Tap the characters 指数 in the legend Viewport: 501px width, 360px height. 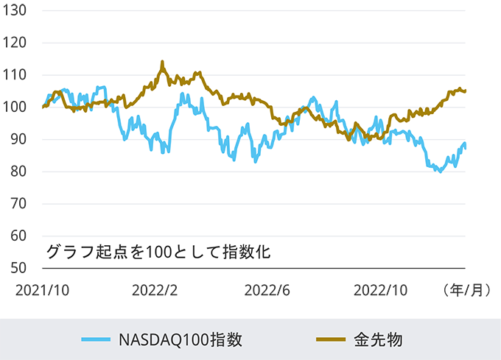(225, 339)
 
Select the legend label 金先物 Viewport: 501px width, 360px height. (377, 339)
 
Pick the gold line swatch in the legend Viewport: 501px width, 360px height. (331, 339)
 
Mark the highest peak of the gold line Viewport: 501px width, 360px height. (162, 63)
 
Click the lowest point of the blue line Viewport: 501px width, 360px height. (440, 171)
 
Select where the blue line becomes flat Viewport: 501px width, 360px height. (466, 146)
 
